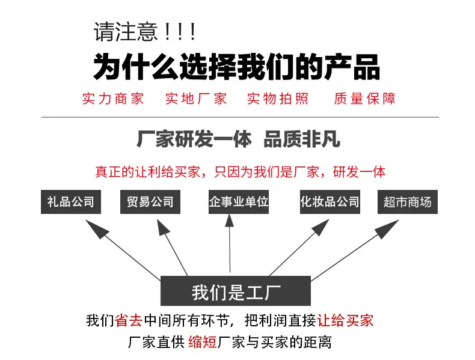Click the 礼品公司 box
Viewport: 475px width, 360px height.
point(71,202)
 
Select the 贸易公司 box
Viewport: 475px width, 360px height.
point(150,202)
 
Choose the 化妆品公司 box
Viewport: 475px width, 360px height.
point(329,202)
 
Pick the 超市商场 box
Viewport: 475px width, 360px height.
point(407,202)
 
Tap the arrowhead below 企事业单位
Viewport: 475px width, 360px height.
point(229,221)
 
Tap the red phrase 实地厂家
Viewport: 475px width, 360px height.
point(196,99)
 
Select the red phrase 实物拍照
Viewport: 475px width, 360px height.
point(278,99)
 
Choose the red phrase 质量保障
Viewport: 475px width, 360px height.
point(364,99)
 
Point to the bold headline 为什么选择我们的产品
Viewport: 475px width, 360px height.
point(236,66)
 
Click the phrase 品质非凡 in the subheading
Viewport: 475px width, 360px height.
point(301,140)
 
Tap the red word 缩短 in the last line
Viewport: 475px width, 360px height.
point(202,343)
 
